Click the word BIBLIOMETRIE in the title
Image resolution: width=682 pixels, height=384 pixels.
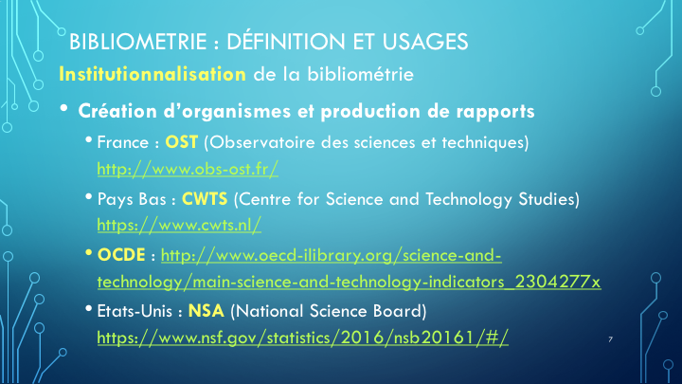[138, 42]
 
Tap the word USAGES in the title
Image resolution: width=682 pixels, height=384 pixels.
[425, 42]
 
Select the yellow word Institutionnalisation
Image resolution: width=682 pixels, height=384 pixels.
[153, 74]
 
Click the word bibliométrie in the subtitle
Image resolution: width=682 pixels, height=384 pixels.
[361, 74]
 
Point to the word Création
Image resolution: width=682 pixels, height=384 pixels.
[117, 111]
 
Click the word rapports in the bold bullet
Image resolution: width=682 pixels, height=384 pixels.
[495, 112]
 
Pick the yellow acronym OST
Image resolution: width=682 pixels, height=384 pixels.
[181, 142]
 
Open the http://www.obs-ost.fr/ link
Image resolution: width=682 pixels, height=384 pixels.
[188, 169]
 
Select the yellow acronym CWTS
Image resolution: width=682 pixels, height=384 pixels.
[205, 199]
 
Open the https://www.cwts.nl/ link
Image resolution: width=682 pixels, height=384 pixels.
[179, 225]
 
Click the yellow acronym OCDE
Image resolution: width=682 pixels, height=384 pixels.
[121, 255]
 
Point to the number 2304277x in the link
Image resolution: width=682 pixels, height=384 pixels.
[558, 282]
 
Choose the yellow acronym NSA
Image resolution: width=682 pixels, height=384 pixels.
[206, 311]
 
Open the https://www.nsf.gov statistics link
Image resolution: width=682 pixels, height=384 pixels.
[303, 338]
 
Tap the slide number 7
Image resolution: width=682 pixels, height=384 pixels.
[611, 339]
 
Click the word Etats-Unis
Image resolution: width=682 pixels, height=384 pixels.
[135, 311]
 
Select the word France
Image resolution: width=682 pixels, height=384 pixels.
[123, 142]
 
